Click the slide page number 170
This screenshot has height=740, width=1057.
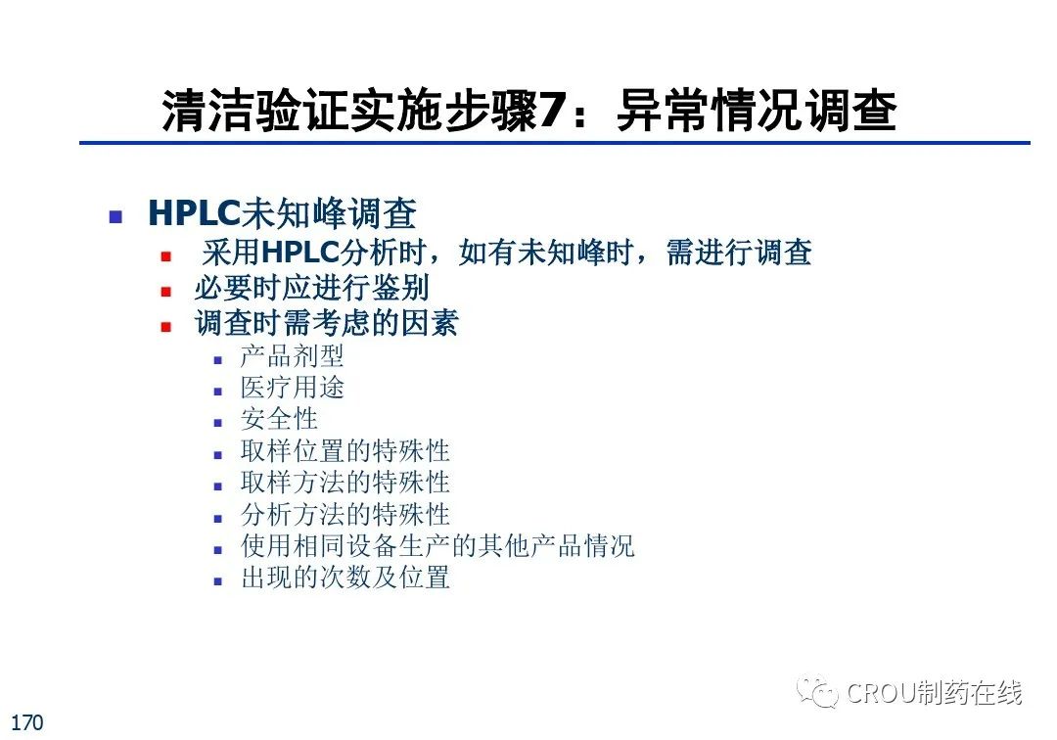click(27, 722)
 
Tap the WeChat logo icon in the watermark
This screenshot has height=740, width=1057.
click(816, 691)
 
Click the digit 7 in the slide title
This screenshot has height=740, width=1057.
click(550, 110)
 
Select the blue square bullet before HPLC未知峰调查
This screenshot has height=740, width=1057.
click(115, 217)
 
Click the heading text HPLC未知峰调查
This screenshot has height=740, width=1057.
click(283, 213)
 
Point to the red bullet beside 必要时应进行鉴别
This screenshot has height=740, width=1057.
click(166, 292)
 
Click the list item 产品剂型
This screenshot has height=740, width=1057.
click(292, 356)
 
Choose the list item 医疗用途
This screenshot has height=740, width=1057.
click(292, 388)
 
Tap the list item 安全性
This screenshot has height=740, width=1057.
click(279, 419)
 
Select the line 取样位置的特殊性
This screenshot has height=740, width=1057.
click(345, 451)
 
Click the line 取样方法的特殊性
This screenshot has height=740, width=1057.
click(345, 483)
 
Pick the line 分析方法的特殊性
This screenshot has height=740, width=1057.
click(345, 514)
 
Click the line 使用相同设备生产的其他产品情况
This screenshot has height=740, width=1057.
click(437, 546)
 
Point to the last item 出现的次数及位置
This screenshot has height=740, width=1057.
click(345, 578)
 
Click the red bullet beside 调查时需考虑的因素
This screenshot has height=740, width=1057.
click(166, 328)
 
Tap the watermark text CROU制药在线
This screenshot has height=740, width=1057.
click(935, 692)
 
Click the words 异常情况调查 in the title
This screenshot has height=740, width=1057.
click(757, 110)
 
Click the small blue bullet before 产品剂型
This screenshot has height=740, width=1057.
click(217, 360)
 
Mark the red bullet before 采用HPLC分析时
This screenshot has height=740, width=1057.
click(166, 256)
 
